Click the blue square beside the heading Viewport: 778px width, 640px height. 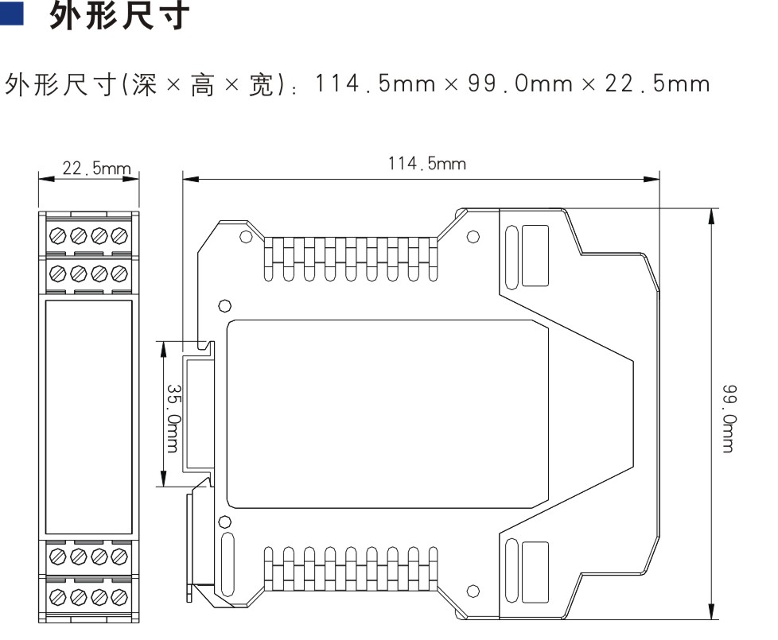point(11,14)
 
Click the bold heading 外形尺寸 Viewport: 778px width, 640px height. point(119,15)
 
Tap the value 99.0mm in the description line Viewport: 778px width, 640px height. point(520,83)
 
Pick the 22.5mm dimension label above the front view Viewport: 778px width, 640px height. point(96,169)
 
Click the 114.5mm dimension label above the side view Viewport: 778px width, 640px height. point(426,164)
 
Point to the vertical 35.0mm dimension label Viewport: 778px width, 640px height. point(173,418)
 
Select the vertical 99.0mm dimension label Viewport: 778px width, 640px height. point(729,418)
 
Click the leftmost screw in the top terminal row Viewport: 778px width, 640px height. point(58,235)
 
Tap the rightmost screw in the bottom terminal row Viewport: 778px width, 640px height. point(119,596)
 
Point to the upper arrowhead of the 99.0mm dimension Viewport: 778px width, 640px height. point(712,216)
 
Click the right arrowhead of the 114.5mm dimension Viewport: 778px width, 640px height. point(652,179)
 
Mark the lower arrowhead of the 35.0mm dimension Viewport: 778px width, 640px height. point(163,478)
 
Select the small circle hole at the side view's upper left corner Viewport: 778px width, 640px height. point(246,236)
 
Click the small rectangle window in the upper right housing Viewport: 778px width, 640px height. point(535,256)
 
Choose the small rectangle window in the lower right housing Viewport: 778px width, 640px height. point(535,572)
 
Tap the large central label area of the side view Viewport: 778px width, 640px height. point(387,414)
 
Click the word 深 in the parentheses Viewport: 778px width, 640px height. point(145,84)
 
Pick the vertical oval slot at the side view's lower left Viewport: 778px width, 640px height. point(228,564)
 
